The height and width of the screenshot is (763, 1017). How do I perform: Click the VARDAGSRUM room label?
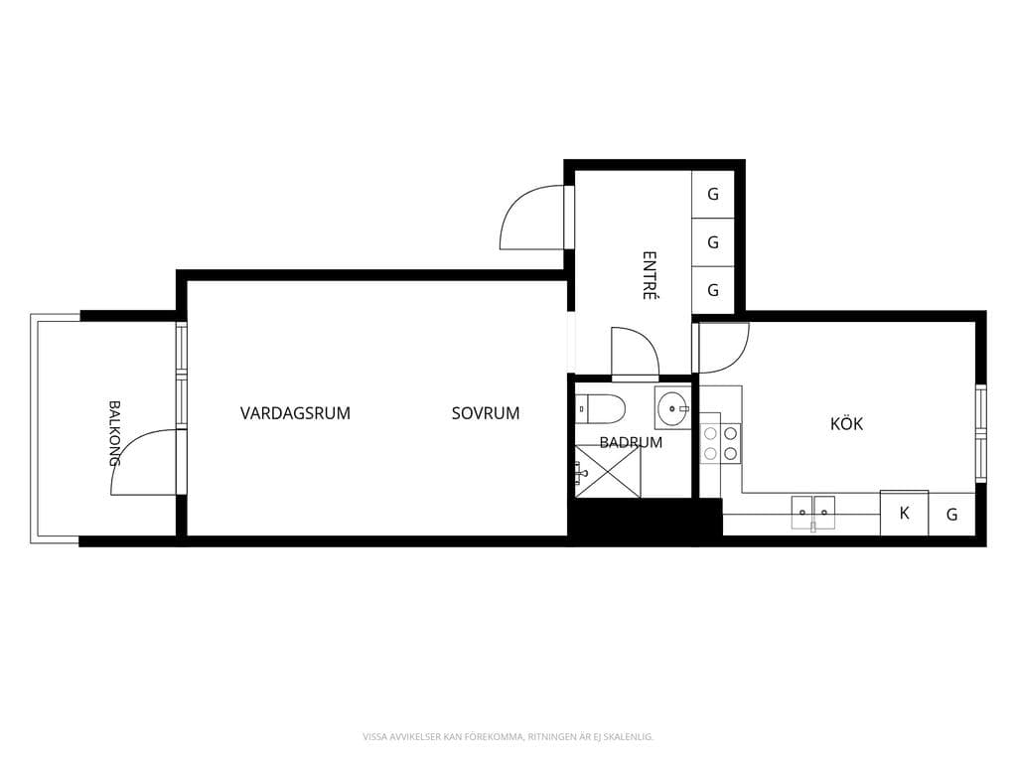[x=295, y=413]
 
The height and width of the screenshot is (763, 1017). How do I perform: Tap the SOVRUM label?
[x=486, y=413]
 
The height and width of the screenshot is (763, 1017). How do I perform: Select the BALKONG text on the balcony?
[x=115, y=433]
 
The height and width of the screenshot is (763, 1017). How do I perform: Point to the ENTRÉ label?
[x=650, y=275]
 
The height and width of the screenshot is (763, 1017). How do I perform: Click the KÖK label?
[x=846, y=423]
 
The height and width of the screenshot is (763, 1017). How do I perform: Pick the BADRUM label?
[x=631, y=442]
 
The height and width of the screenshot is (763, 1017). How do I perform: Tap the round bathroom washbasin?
[x=672, y=408]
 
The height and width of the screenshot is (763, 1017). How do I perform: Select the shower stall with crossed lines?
[x=608, y=472]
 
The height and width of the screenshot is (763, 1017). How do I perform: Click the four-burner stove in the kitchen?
[x=721, y=443]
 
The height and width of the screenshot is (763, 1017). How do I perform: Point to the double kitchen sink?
[x=812, y=513]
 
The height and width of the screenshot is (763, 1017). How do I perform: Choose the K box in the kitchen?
[x=904, y=514]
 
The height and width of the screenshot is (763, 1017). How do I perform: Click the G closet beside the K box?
[x=952, y=515]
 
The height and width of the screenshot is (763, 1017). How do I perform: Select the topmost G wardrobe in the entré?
[x=713, y=194]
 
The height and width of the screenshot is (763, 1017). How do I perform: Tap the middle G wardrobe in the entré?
[x=713, y=242]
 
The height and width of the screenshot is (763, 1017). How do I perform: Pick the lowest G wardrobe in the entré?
[x=713, y=290]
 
